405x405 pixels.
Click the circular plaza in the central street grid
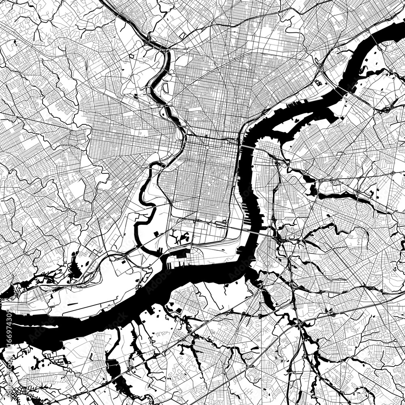tap(207, 148)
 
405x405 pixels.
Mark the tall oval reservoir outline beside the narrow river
tap(165, 87)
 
